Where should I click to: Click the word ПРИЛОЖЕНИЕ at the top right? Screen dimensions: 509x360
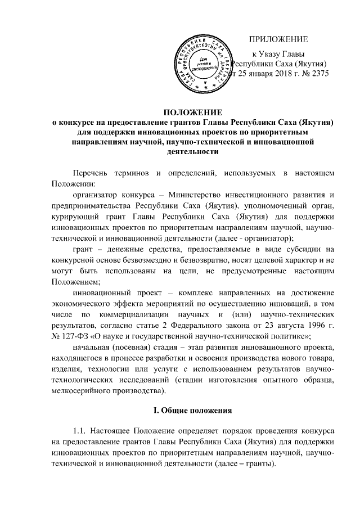tap(279, 39)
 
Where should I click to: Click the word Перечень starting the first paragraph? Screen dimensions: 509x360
tap(93, 170)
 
